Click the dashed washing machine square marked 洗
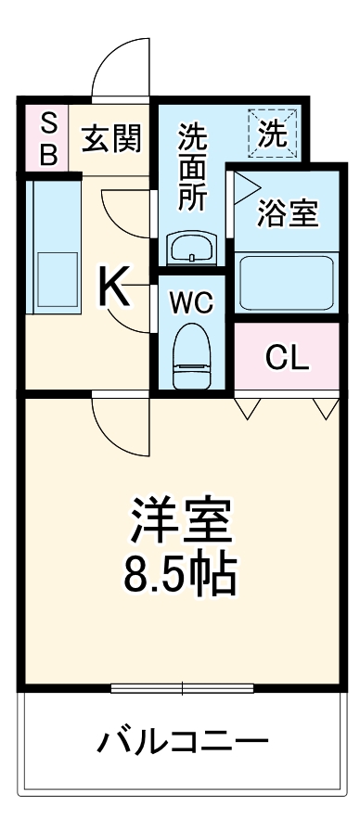click(x=273, y=134)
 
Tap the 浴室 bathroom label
click(x=287, y=213)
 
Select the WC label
click(x=191, y=302)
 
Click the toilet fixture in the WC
click(x=192, y=354)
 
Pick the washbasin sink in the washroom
click(x=191, y=249)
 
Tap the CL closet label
click(x=287, y=358)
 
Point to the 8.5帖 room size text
click(x=181, y=575)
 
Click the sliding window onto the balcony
click(x=182, y=687)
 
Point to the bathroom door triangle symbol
click(x=245, y=188)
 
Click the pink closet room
click(x=287, y=358)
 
